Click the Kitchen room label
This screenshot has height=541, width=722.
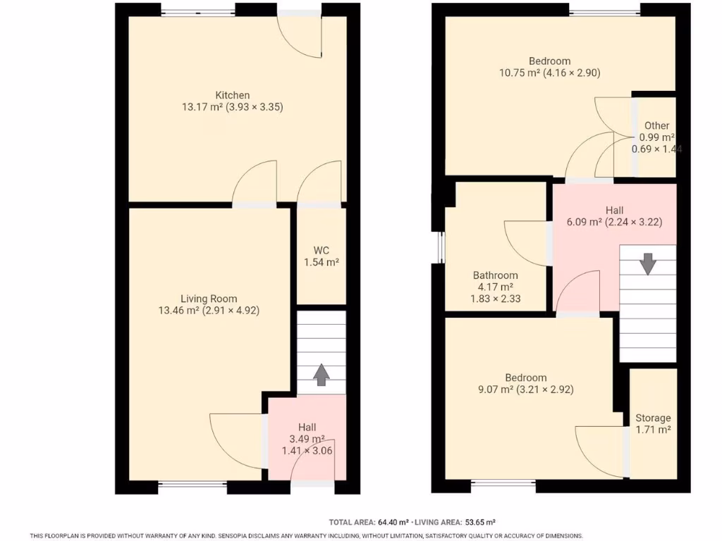[233, 95]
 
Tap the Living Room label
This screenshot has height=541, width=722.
[209, 299]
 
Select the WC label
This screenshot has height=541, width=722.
[322, 250]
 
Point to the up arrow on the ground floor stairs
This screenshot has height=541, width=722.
[321, 375]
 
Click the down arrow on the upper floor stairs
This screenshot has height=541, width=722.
[648, 264]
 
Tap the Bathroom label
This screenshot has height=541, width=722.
[496, 275]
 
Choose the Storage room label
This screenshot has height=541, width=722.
[653, 418]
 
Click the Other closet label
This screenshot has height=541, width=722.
[656, 125]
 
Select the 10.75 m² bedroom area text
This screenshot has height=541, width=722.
[519, 73]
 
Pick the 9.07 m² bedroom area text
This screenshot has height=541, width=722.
[496, 390]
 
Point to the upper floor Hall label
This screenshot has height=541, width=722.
[614, 210]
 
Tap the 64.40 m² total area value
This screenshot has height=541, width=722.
[393, 522]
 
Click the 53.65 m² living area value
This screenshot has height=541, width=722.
[479, 522]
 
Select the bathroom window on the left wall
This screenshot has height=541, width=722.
[441, 247]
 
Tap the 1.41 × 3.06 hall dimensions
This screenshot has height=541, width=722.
[307, 450]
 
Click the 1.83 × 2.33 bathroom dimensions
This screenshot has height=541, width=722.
[496, 299]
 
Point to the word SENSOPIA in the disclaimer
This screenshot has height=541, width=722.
[235, 536]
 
